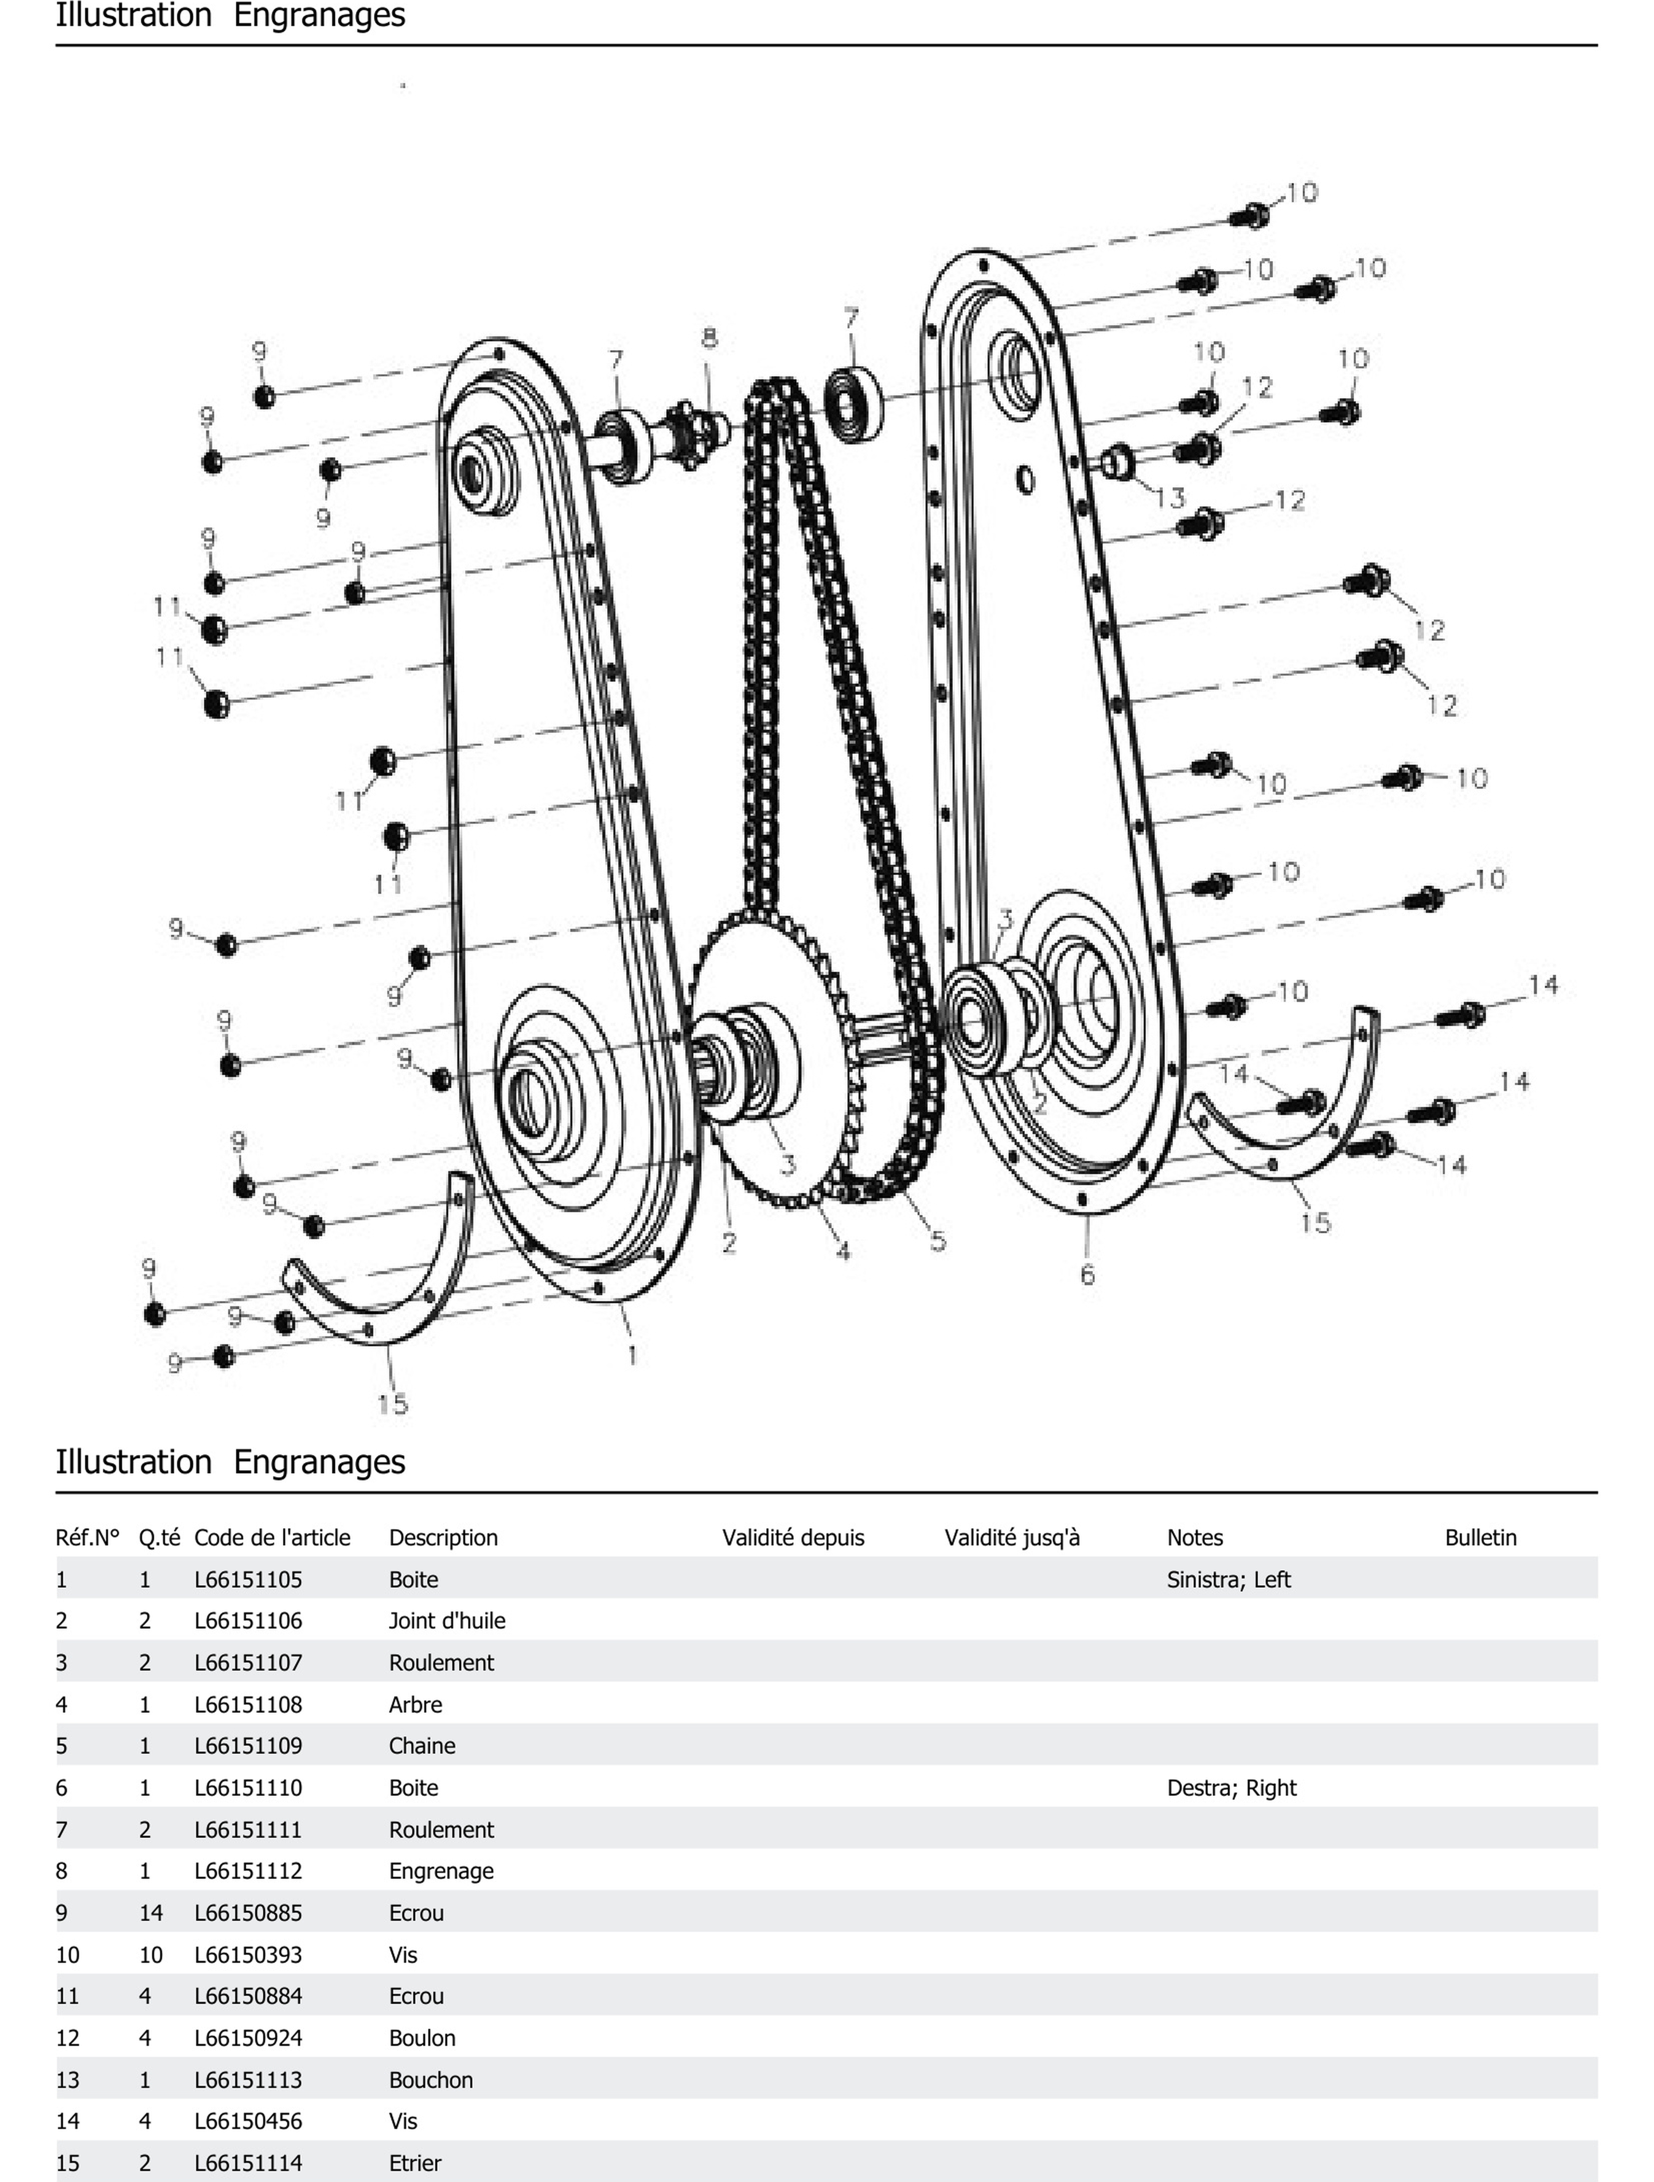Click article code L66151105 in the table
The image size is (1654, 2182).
(248, 1579)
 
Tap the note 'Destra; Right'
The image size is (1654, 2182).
(1231, 1788)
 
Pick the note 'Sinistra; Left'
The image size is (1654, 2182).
(1228, 1579)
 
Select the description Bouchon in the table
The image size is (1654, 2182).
(430, 2079)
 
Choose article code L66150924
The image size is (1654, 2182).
(248, 2038)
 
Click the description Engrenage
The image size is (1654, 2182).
(441, 1871)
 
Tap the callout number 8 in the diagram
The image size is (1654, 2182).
(709, 338)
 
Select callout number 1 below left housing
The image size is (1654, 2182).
(631, 1355)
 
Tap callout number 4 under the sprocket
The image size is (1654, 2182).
(843, 1251)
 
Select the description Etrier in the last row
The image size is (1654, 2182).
(414, 2162)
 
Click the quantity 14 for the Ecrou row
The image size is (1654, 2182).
(151, 1913)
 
